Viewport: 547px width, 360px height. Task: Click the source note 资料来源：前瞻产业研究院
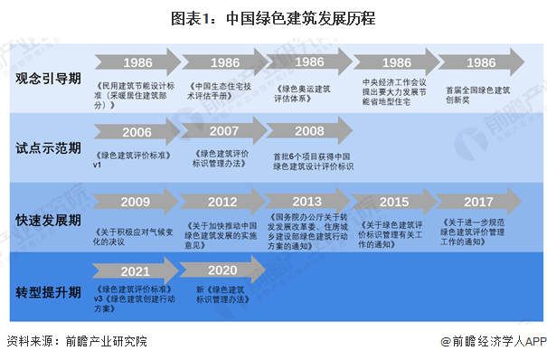pos(76,342)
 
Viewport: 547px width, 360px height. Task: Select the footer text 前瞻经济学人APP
pos(495,342)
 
